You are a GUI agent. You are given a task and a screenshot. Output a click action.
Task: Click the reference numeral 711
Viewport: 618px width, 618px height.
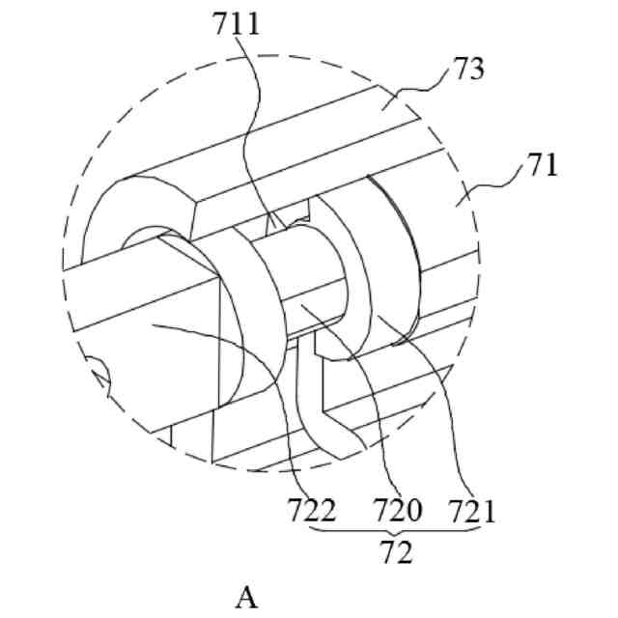click(237, 23)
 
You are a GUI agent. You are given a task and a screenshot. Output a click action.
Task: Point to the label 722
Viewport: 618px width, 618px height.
click(313, 509)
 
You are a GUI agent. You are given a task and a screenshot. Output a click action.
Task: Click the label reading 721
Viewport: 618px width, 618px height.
click(470, 509)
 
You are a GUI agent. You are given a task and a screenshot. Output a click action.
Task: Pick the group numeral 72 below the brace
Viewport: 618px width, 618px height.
click(397, 553)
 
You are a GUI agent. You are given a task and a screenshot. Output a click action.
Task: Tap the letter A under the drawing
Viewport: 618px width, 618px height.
click(247, 599)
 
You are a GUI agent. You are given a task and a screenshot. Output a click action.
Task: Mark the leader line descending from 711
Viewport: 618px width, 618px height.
click(261, 126)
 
